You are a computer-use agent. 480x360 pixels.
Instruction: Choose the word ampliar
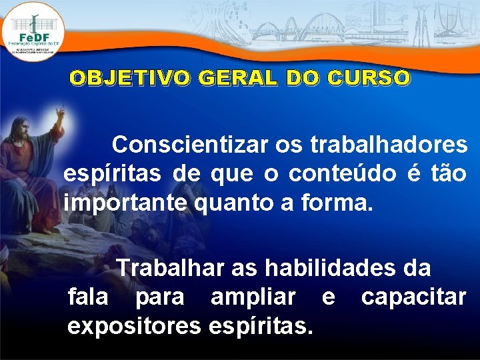tap(253, 297)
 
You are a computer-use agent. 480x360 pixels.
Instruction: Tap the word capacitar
tap(413, 297)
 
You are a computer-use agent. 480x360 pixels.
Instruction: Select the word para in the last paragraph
tap(159, 298)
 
